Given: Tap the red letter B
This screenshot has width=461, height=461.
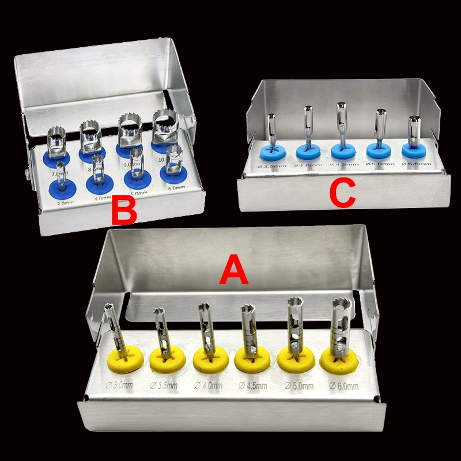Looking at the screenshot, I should click(x=124, y=211).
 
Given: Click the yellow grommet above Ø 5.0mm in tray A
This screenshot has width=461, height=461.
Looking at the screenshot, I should click(x=295, y=358).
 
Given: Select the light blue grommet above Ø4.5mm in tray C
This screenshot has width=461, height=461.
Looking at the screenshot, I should click(x=344, y=152).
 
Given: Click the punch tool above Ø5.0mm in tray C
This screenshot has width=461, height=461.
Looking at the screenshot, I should click(x=380, y=124).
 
